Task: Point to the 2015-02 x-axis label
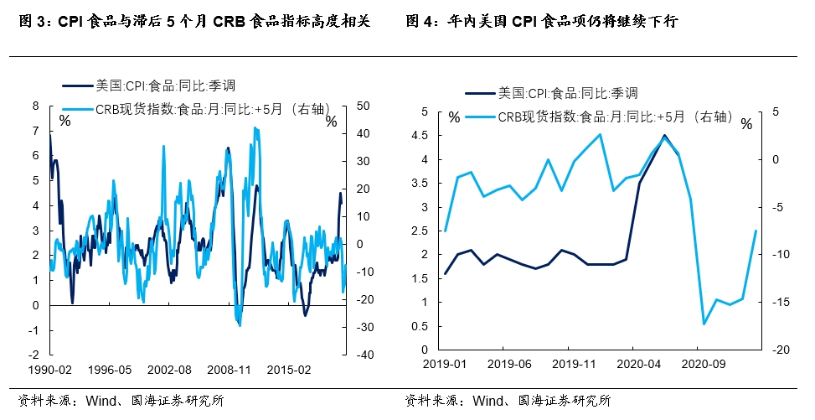point(289,369)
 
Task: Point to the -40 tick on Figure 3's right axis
point(365,355)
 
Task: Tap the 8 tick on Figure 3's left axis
point(35,106)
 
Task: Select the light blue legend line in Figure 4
point(481,117)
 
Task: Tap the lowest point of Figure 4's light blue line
point(704,324)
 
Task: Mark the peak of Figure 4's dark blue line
point(665,136)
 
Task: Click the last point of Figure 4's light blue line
point(756,231)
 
